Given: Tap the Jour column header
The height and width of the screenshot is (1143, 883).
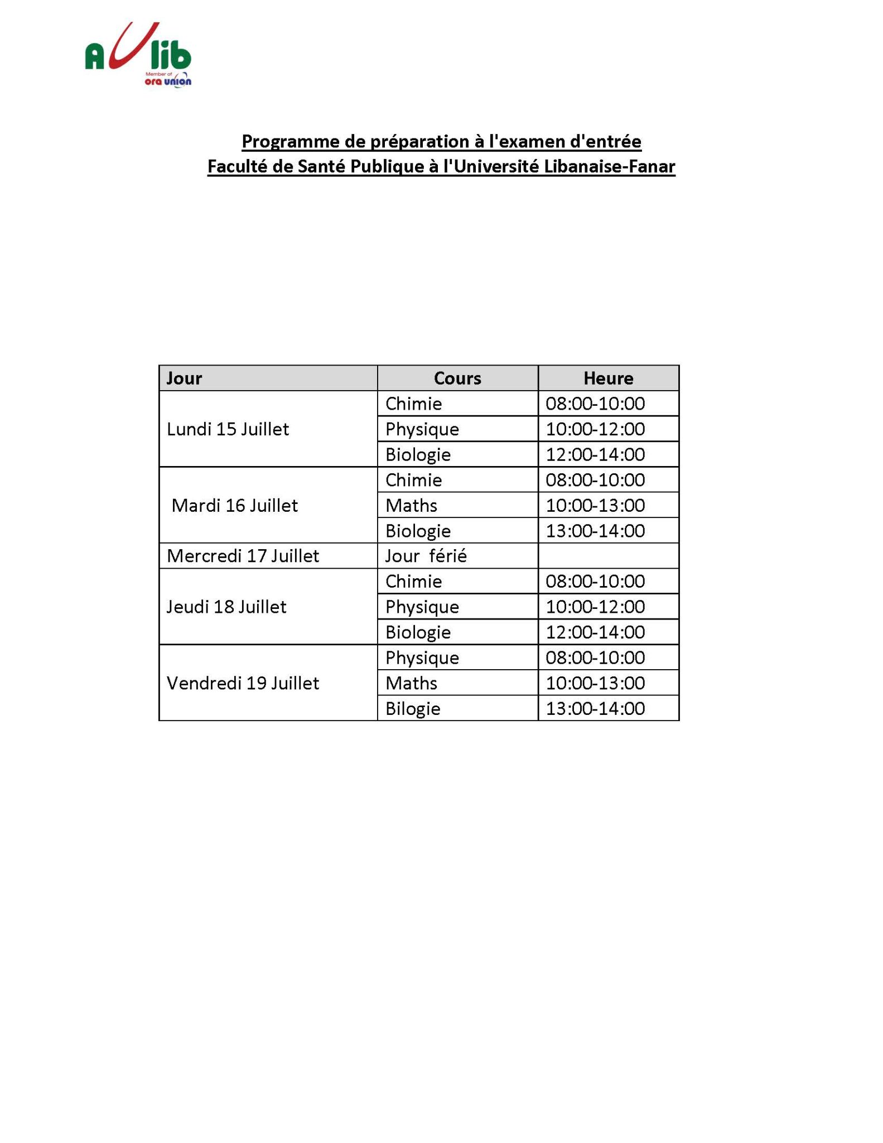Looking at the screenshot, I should click(184, 378).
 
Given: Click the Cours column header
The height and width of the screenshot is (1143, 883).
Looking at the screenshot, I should click(457, 378).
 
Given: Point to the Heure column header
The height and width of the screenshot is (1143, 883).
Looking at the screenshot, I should click(608, 378).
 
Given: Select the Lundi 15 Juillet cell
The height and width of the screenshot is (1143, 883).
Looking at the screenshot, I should click(228, 429).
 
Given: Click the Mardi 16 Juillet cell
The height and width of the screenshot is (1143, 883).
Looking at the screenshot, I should click(235, 506).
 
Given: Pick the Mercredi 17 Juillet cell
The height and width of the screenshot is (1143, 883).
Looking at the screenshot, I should click(243, 556).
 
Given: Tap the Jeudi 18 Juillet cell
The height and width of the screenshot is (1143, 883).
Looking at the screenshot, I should click(226, 607).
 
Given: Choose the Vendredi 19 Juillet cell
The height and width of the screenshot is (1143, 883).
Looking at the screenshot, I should click(243, 683).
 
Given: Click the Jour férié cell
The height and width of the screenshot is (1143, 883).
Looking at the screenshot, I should click(426, 556).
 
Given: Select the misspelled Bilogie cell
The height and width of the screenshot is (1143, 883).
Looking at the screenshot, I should click(413, 709).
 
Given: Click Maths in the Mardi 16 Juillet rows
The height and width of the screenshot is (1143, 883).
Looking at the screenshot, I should click(412, 506).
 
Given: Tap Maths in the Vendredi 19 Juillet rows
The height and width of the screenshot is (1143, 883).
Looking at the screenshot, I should click(412, 683).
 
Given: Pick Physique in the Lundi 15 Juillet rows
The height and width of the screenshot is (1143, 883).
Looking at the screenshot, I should click(422, 429).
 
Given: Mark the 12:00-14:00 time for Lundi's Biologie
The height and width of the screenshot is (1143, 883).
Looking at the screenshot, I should click(595, 454).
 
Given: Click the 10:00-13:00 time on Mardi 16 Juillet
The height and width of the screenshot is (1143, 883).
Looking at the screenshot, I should click(595, 506).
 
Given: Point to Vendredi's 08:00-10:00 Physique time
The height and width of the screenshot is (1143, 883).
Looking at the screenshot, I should click(595, 657).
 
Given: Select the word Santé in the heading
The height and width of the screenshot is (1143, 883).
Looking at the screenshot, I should click(321, 167).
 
